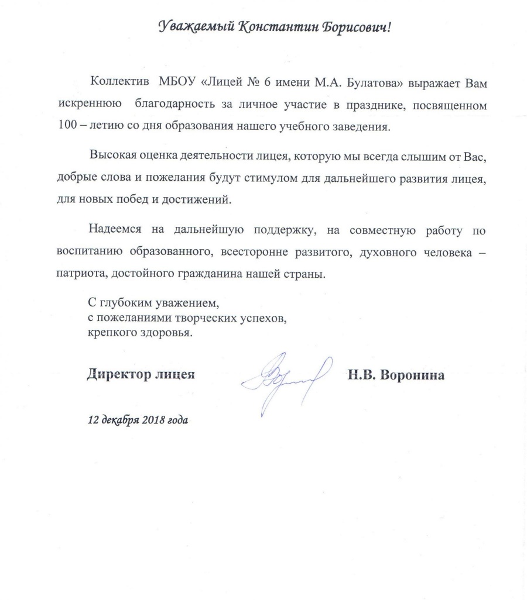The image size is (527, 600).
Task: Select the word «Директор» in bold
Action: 115,375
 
